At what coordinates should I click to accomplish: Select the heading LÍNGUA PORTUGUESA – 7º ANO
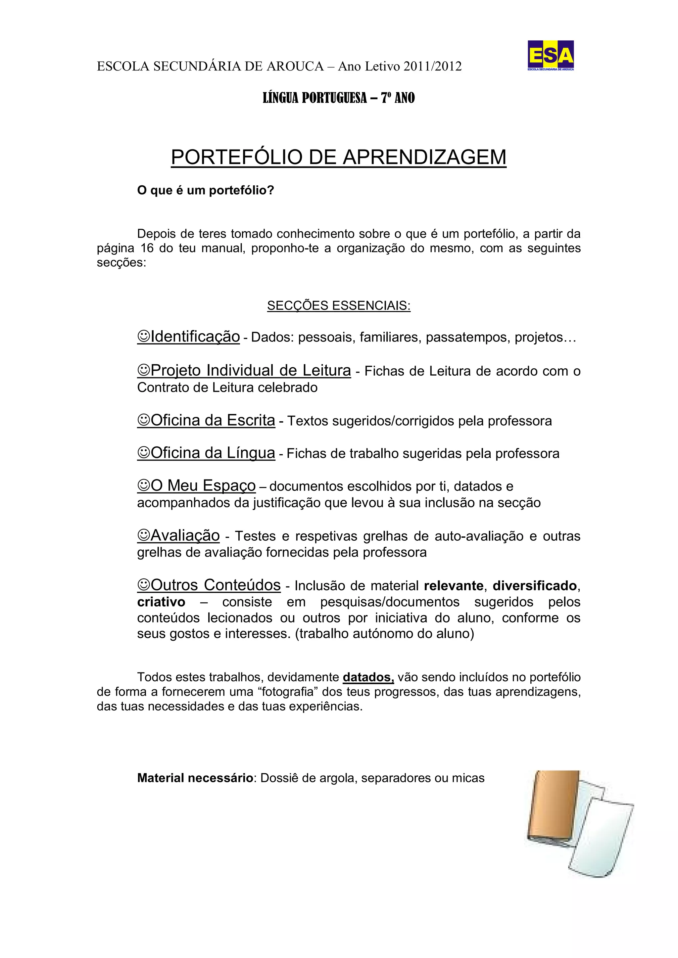pos(339,98)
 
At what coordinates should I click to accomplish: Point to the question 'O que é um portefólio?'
pos(205,190)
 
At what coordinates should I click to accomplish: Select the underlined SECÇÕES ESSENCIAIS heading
pos(339,305)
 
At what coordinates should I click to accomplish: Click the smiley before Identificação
pos(144,336)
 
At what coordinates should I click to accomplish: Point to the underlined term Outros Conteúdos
pos(216,585)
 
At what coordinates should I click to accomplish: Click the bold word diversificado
pos(534,586)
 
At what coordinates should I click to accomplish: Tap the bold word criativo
pos(161,602)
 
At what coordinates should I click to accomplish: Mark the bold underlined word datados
pos(368,677)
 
